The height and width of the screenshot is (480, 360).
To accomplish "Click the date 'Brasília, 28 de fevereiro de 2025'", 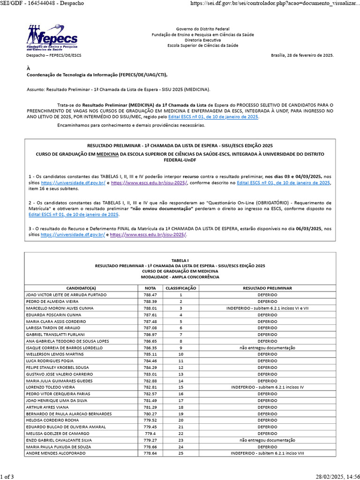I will point(302,55).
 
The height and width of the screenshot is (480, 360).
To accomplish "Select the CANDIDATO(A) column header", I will point(81,288).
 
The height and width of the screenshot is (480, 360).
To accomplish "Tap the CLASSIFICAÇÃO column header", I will point(180,288).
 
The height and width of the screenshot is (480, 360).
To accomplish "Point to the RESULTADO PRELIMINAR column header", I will point(267,288).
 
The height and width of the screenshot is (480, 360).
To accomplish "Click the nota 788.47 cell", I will point(150,294).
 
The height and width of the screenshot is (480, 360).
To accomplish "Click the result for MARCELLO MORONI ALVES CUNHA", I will point(267,308).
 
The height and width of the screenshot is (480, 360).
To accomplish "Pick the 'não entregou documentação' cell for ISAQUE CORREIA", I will point(267,348).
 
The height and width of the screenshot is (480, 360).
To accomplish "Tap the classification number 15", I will point(180,388).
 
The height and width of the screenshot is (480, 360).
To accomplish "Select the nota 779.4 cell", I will point(150,434).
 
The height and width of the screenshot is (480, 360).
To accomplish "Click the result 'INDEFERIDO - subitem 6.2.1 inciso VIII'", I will point(267,453).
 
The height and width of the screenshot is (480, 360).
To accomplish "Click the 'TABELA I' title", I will point(180,260).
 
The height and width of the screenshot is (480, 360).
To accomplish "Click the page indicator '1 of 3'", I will point(7,476).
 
